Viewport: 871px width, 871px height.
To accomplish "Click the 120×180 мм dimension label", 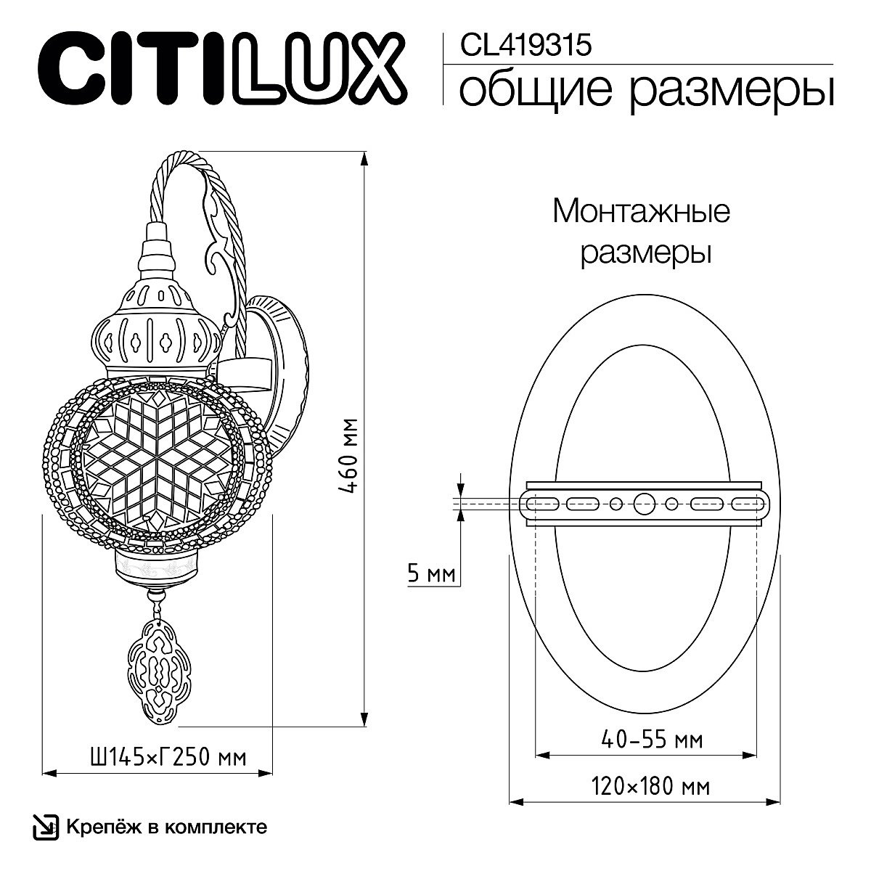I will tap(650, 786).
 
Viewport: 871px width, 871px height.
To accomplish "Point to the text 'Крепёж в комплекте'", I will tap(166, 827).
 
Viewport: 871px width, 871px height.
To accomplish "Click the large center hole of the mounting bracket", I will tap(643, 502).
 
